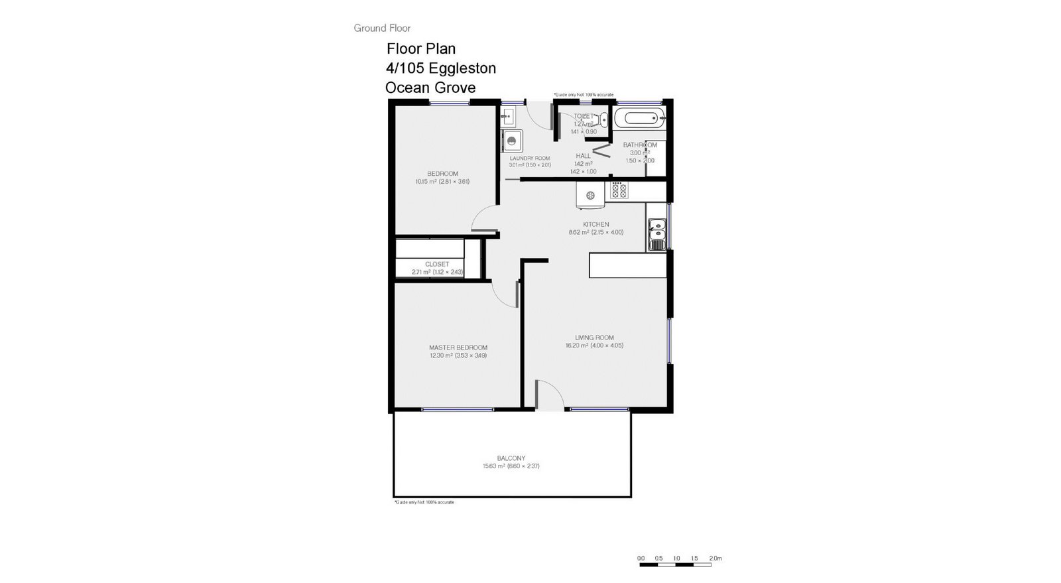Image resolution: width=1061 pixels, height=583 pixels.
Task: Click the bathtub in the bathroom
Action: (x=638, y=119)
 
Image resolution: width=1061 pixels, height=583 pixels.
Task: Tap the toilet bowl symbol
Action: (x=603, y=120)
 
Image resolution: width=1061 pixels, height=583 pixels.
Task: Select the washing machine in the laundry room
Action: (x=512, y=141)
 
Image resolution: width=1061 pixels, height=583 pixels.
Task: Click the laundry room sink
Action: (x=509, y=119)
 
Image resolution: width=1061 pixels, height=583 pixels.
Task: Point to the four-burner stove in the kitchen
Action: (x=619, y=191)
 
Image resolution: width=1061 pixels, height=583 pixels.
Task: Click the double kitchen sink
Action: (x=656, y=233)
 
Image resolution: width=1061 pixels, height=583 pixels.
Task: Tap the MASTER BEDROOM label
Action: (x=458, y=348)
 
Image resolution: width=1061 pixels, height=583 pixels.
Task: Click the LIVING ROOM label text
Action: (x=594, y=338)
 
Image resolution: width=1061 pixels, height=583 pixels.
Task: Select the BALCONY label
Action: (x=511, y=458)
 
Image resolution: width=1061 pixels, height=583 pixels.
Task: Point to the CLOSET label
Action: (x=437, y=264)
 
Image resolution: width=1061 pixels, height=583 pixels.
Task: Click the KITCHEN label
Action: (x=595, y=224)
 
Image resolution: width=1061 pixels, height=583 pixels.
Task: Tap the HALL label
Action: (x=583, y=156)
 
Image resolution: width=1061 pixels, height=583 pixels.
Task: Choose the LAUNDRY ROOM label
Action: (x=529, y=158)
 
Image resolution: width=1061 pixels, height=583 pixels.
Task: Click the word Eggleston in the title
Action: (x=462, y=68)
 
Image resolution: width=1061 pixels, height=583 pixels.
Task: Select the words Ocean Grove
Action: (x=430, y=88)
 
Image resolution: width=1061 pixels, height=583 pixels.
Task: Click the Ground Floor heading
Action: (x=382, y=28)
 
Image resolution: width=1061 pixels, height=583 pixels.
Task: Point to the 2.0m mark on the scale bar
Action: (x=715, y=558)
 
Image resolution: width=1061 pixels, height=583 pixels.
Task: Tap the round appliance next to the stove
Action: (x=590, y=195)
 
